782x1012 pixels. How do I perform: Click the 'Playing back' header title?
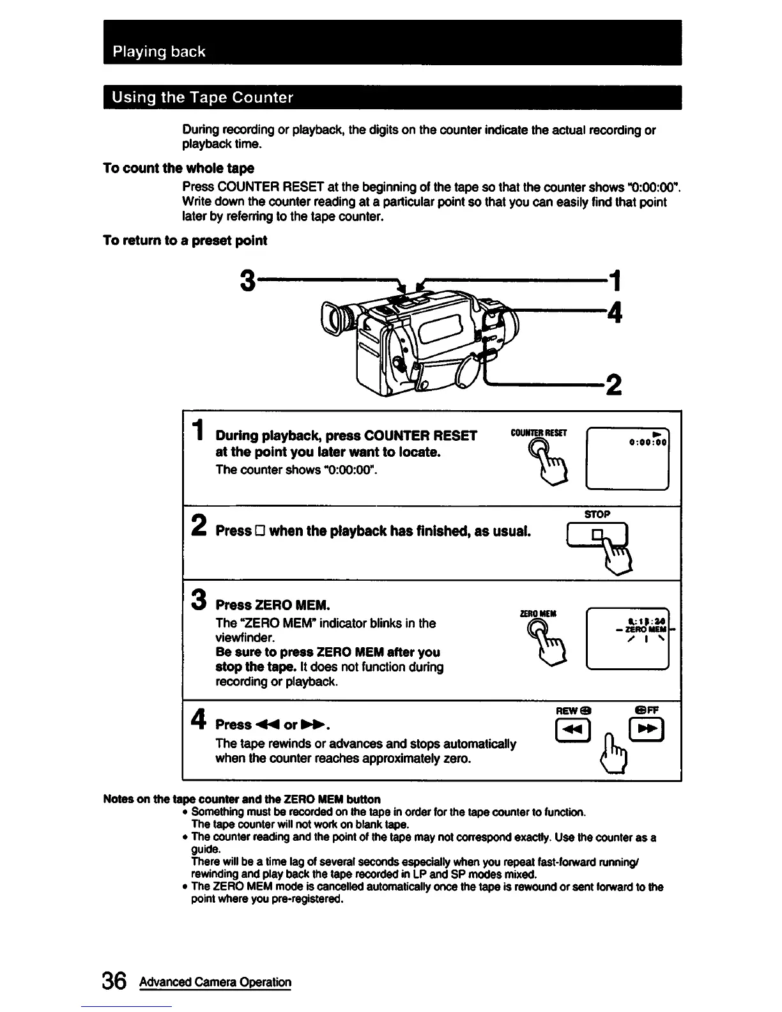click(159, 52)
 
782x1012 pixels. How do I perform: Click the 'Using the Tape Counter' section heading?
click(203, 98)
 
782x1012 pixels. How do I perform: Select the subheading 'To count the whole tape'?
click(178, 169)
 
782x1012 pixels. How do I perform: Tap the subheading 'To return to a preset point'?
click(185, 241)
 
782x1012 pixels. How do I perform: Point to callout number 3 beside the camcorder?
click(249, 279)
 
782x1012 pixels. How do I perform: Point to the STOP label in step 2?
click(598, 514)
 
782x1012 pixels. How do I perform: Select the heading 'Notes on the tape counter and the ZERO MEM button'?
click(241, 799)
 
